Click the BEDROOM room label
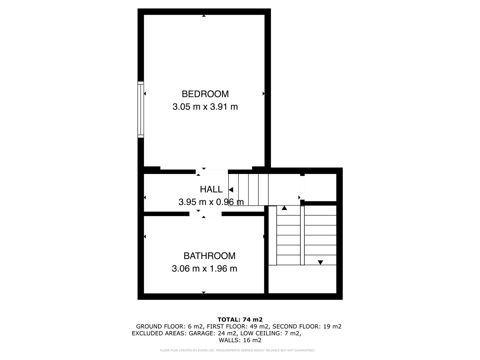pos(205,94)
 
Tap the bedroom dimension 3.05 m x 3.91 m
pos(205,107)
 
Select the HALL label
pos(211,189)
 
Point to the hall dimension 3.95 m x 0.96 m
pos(211,202)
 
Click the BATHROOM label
pos(209,256)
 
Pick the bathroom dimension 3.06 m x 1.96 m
pos(204,269)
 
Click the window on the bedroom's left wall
pos(141,109)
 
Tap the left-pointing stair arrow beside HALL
pos(231,190)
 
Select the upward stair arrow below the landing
pos(284,208)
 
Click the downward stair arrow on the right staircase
pos(320,262)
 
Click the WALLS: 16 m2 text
pos(240,340)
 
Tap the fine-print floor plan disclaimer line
pos(237,350)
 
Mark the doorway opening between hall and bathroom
pos(205,214)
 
